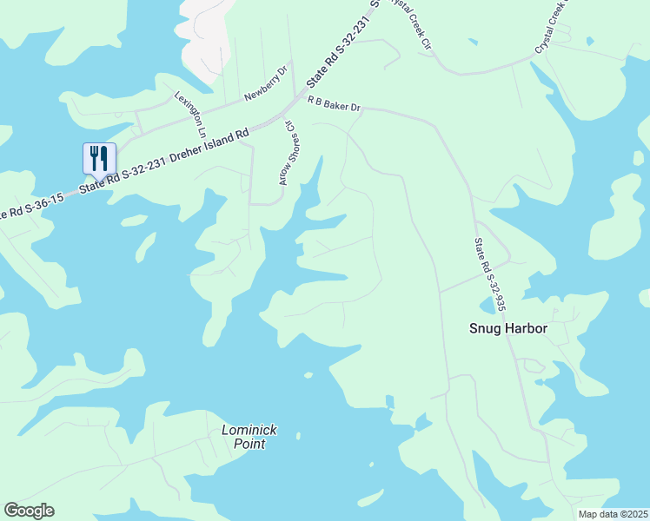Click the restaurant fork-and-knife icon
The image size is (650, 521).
tap(98, 158)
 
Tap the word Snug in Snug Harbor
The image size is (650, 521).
tap(485, 328)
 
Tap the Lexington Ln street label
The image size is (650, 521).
tap(190, 115)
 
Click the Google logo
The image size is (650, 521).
tap(29, 511)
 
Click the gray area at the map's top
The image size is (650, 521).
tap(209, 35)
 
